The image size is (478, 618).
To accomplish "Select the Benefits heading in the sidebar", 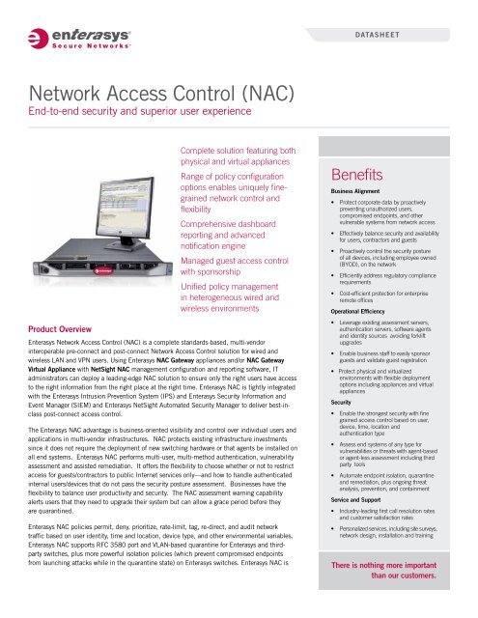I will pyautogui.click(x=361, y=177).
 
